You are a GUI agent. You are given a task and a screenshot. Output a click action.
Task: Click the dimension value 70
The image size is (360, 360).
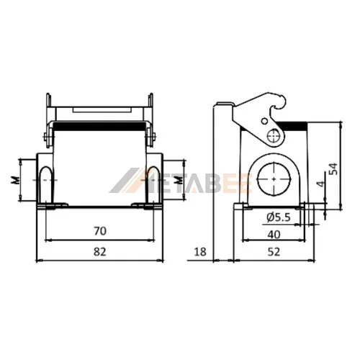tap(100, 231)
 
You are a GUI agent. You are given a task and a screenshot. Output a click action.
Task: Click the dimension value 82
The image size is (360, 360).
tap(100, 252)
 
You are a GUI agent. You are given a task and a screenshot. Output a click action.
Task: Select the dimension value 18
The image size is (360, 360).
tap(200, 252)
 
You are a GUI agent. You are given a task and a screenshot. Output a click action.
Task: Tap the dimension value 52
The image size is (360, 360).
tap(274, 252)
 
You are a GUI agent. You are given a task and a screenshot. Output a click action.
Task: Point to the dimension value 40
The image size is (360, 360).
tap(274, 234)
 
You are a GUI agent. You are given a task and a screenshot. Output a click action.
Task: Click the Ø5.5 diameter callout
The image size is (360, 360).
tap(279, 217)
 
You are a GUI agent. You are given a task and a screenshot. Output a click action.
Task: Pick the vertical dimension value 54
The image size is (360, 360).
tap(333, 168)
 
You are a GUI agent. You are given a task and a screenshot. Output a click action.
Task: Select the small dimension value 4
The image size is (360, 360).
tap(320, 184)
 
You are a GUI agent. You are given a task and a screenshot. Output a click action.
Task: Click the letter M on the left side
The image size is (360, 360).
tap(15, 180)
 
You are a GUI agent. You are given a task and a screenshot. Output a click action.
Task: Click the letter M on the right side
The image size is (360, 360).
tap(178, 180)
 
